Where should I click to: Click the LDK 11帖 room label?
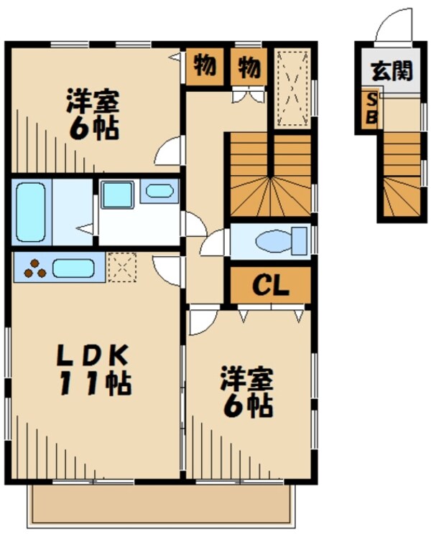pyautogui.click(x=93, y=370)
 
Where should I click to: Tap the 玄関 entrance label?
pyautogui.click(x=391, y=71)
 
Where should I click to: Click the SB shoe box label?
pyautogui.click(x=371, y=109)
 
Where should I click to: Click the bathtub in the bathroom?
pyautogui.click(x=31, y=212)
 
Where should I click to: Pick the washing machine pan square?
pyautogui.click(x=116, y=195)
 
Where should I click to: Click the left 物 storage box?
pyautogui.click(x=205, y=66)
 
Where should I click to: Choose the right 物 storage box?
pyautogui.click(x=248, y=66)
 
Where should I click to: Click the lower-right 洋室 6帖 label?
pyautogui.click(x=246, y=393)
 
